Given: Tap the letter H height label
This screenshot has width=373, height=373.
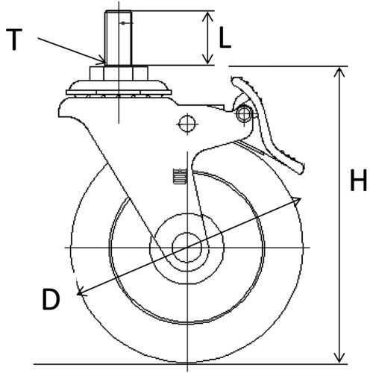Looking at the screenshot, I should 359,181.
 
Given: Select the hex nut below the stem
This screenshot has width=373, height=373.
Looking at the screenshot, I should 119,72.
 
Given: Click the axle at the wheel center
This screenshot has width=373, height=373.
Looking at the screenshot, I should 183,246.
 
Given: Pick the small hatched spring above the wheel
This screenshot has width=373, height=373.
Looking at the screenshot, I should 178,177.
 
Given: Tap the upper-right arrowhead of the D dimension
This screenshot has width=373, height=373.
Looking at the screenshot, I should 298,200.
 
